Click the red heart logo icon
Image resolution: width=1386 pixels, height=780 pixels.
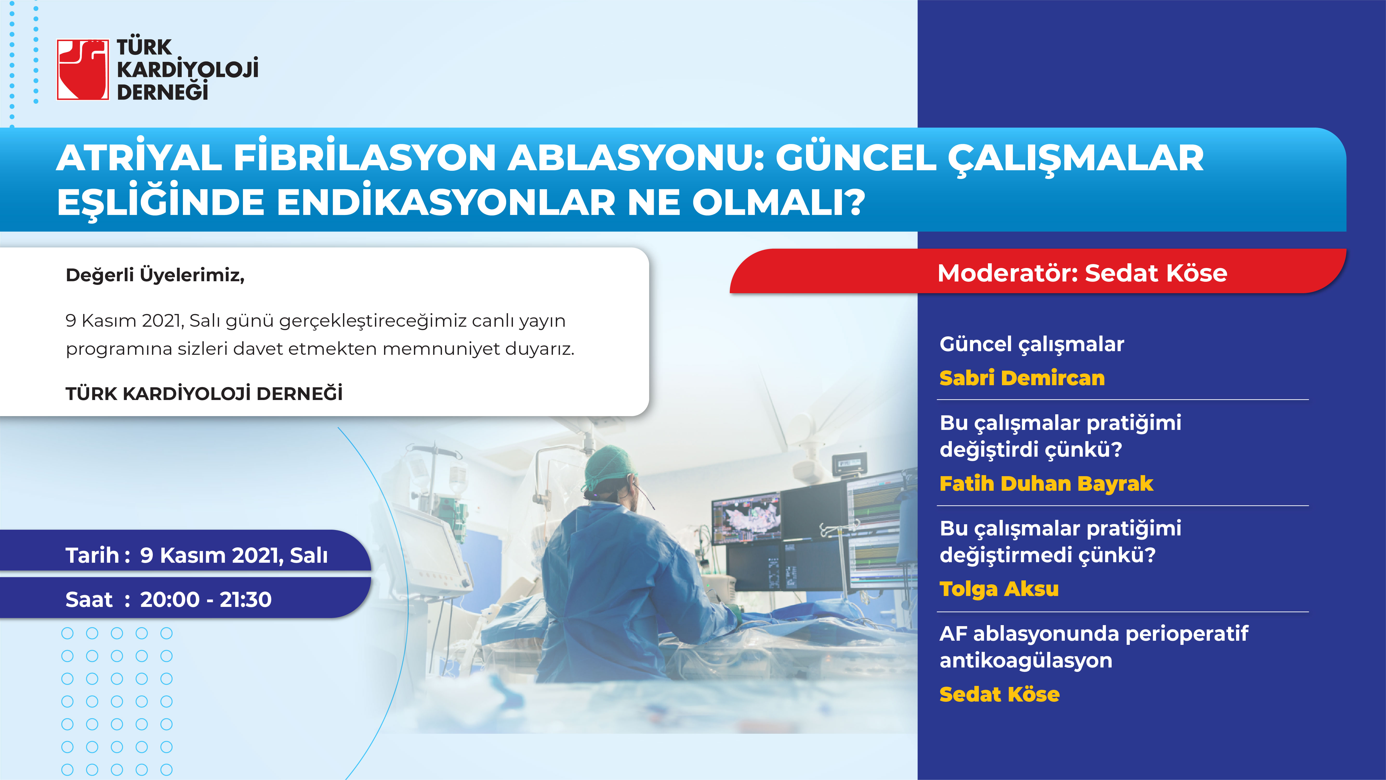point(83,70)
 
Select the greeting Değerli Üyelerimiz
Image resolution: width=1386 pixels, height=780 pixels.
point(155,275)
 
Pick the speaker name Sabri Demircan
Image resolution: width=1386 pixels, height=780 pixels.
point(1022,378)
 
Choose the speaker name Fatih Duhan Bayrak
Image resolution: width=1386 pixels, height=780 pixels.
point(1046,483)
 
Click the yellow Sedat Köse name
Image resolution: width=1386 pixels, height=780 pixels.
point(999,694)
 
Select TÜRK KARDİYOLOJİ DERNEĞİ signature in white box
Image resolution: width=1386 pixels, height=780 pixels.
point(204,394)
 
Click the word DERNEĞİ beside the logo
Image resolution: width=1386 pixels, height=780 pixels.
point(162,92)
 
